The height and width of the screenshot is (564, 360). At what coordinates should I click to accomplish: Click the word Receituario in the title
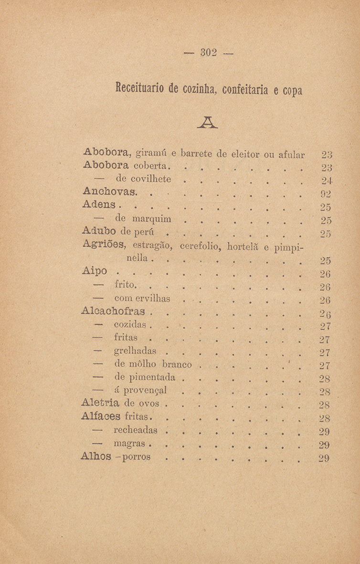coord(137,88)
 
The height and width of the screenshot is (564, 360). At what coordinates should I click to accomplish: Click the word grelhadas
coord(137,353)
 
